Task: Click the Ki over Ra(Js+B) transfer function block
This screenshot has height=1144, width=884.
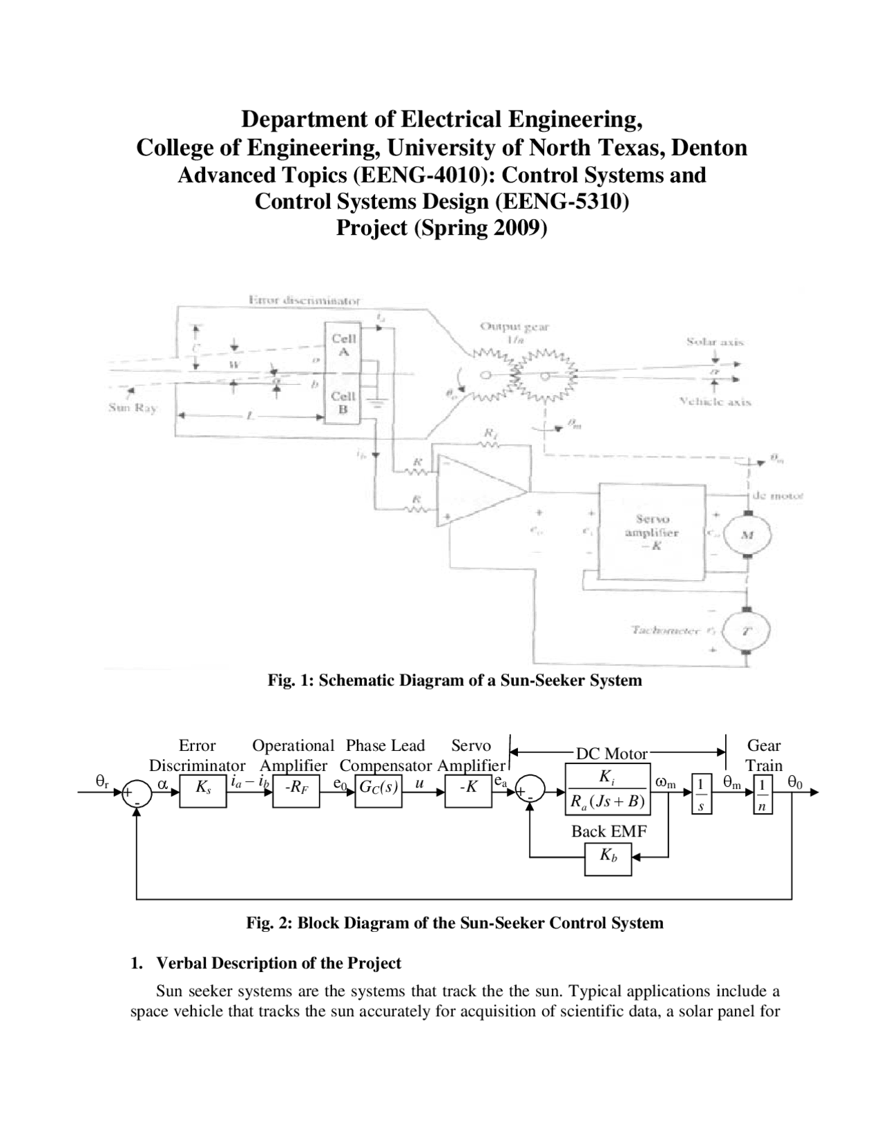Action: pyautogui.click(x=608, y=790)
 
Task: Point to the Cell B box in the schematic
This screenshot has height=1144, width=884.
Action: pyautogui.click(x=344, y=402)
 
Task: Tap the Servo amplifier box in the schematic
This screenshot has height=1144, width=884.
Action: pyautogui.click(x=652, y=533)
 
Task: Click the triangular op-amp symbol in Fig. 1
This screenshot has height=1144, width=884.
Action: pyautogui.click(x=477, y=492)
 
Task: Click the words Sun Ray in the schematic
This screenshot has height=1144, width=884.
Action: pyautogui.click(x=133, y=408)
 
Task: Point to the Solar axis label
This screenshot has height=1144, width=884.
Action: pyautogui.click(x=715, y=341)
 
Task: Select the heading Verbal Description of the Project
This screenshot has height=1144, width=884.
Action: pyautogui.click(x=278, y=963)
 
